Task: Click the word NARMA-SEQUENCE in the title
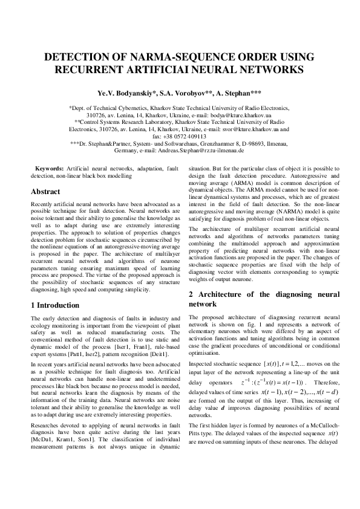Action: click(x=180, y=57)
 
